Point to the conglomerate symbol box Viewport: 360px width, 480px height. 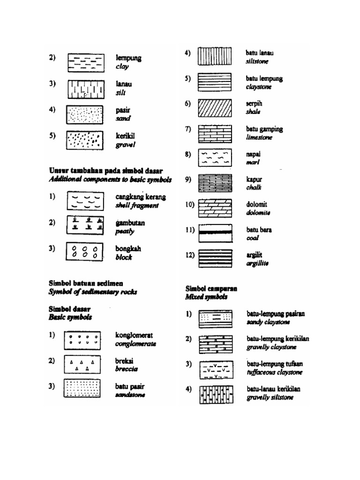[82, 339]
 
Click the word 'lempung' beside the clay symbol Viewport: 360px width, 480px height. [128, 59]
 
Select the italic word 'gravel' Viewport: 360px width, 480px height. [126, 145]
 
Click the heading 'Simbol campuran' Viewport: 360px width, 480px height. [211, 289]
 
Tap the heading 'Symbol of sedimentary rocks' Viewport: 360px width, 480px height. [93, 292]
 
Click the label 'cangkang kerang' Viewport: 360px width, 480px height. [141, 197]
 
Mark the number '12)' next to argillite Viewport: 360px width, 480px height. [190, 255]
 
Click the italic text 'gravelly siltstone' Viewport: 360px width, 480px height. [270, 397]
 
